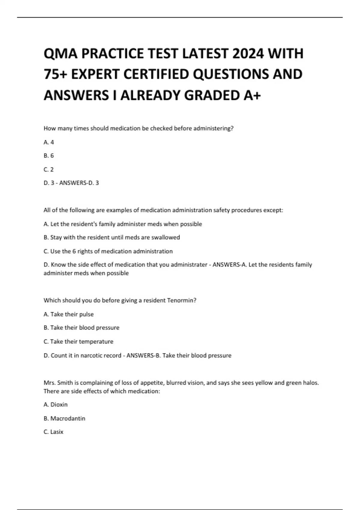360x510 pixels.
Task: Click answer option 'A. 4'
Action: (x=49, y=142)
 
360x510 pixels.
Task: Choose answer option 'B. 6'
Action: (x=49, y=156)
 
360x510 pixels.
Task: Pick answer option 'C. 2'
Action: (x=49, y=169)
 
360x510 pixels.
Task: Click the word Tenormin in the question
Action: (x=181, y=300)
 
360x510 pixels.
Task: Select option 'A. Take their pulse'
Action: (x=69, y=314)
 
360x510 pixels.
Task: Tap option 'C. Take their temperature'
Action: (x=79, y=341)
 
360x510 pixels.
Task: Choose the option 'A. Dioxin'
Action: (x=55, y=404)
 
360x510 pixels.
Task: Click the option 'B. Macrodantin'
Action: (x=64, y=418)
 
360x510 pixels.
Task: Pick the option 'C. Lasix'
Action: (x=53, y=432)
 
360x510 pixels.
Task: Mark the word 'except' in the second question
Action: (x=272, y=210)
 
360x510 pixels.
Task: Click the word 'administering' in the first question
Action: (x=213, y=128)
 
